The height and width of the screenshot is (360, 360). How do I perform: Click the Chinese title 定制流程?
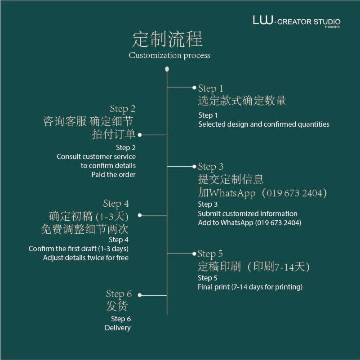click(x=167, y=40)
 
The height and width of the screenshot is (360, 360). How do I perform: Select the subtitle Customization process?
click(x=169, y=56)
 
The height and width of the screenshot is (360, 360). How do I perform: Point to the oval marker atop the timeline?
click(x=167, y=69)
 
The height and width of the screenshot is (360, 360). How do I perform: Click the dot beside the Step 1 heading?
click(x=194, y=87)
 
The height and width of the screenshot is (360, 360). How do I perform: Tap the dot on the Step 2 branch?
click(x=140, y=134)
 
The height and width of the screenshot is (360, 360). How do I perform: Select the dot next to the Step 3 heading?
click(x=194, y=166)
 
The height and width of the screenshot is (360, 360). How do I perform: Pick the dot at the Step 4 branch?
click(x=139, y=216)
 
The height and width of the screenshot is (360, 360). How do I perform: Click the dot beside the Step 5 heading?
click(x=194, y=253)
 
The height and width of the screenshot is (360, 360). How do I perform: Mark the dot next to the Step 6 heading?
click(x=140, y=295)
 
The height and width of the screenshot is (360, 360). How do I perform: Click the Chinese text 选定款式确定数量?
click(x=242, y=101)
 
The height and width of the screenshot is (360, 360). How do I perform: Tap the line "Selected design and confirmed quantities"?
click(x=264, y=124)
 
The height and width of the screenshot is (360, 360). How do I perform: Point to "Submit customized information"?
click(x=248, y=213)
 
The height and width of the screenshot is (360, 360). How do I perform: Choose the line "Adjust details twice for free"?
click(x=86, y=258)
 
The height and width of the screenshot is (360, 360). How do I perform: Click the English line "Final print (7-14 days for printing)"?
click(x=250, y=287)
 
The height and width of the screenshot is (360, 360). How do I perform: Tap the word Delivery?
click(x=118, y=328)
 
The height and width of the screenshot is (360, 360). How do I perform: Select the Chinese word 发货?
click(x=117, y=307)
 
